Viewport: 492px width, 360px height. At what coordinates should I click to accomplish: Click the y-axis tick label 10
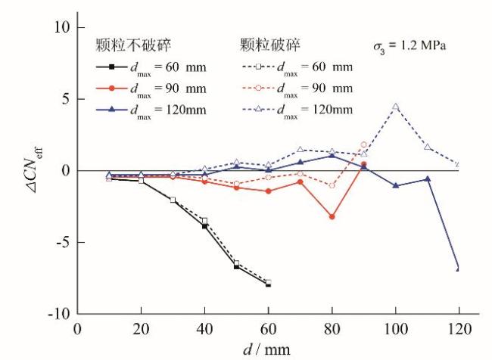coord(60,27)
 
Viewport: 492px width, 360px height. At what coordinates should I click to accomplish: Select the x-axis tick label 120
coord(459,329)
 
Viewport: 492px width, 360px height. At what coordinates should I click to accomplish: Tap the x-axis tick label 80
coord(332,329)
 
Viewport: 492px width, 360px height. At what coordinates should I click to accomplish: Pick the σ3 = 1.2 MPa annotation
coord(409,45)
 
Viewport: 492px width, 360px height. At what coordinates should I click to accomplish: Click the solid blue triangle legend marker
coord(111,110)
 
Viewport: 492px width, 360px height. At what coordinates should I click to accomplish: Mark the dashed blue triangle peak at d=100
coord(395,107)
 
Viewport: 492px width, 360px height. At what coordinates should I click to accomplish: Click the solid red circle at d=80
coord(332,217)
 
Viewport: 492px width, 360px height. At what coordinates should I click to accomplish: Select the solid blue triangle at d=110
coord(427,179)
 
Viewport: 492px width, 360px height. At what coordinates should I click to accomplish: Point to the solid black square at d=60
coord(268,285)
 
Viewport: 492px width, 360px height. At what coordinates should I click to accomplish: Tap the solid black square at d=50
coord(236,266)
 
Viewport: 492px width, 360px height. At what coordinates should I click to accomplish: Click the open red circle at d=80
coord(332,185)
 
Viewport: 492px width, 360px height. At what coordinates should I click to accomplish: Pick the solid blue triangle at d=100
coord(395,185)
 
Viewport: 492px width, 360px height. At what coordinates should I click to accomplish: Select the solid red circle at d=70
coord(300,182)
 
